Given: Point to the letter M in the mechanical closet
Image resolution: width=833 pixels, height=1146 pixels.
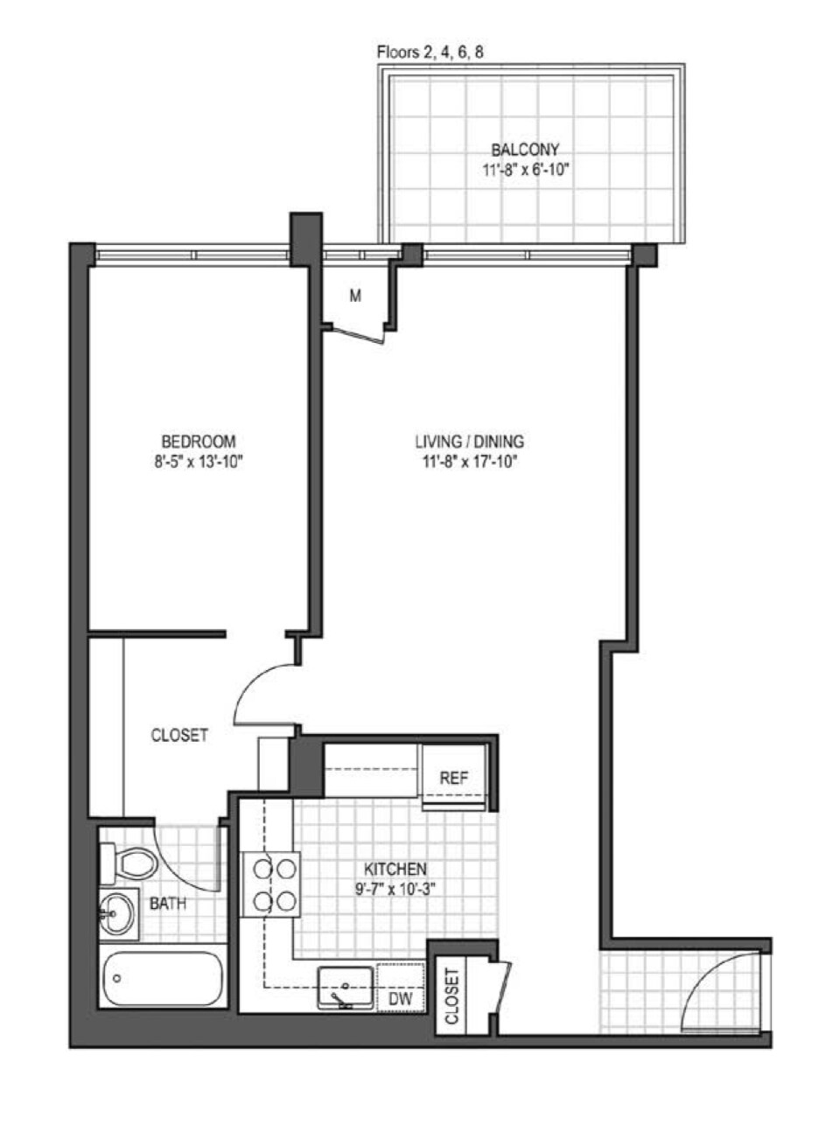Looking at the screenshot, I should pyautogui.click(x=355, y=297).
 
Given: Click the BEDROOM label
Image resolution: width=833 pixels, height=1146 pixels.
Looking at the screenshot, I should pyautogui.click(x=198, y=441).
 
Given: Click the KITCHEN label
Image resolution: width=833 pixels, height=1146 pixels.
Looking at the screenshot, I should pyautogui.click(x=395, y=870).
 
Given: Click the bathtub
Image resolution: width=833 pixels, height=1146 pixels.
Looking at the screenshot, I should pyautogui.click(x=161, y=979).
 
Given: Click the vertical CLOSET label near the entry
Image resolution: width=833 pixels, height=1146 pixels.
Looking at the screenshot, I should pyautogui.click(x=452, y=996).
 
